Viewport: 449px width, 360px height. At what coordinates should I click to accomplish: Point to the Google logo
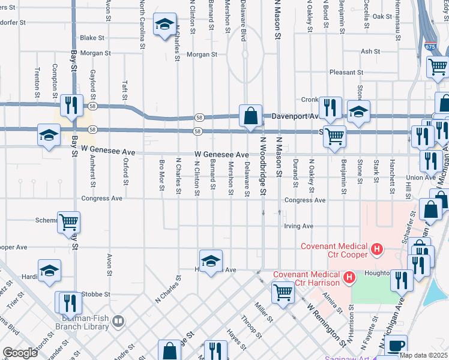[20, 353]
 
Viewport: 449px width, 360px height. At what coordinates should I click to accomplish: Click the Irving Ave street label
[299, 226]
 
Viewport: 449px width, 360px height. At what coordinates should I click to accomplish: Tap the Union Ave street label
[421, 178]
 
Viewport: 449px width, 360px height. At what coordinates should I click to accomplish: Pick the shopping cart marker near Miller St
[283, 292]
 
